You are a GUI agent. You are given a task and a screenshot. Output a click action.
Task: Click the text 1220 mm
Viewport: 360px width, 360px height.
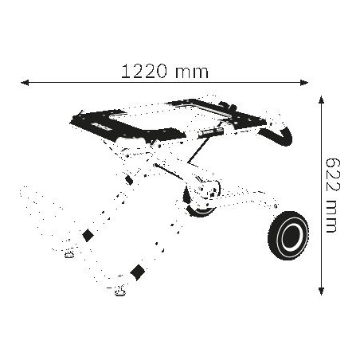(165, 71)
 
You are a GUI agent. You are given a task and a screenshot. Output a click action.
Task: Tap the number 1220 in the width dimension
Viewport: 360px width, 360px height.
(145, 71)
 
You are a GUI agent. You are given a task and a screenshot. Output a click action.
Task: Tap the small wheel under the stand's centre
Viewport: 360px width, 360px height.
(197, 209)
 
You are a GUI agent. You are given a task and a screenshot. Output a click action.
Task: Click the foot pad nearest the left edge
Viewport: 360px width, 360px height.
(69, 255)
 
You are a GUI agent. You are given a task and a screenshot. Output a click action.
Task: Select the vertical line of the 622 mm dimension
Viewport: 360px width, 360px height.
(321, 239)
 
